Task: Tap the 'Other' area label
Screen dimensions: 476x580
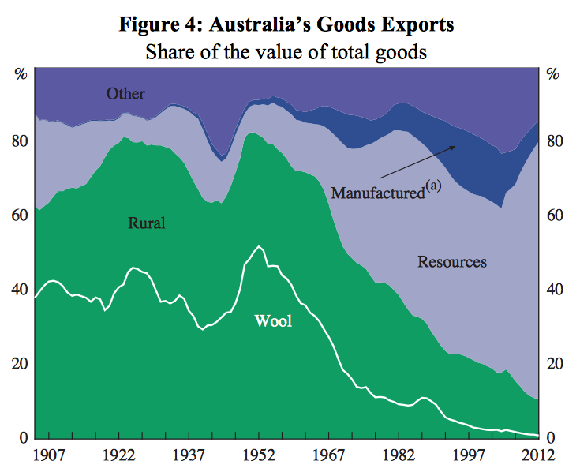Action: [125, 94]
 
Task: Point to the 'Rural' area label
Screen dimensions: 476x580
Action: [147, 223]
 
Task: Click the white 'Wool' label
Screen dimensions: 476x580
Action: [273, 320]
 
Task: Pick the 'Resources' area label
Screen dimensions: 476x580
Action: [452, 261]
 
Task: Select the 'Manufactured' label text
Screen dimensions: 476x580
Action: [378, 192]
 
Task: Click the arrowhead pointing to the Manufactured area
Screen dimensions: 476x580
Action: [454, 148]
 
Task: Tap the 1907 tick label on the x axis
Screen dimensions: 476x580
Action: [49, 457]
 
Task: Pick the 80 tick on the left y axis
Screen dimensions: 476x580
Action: [20, 141]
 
